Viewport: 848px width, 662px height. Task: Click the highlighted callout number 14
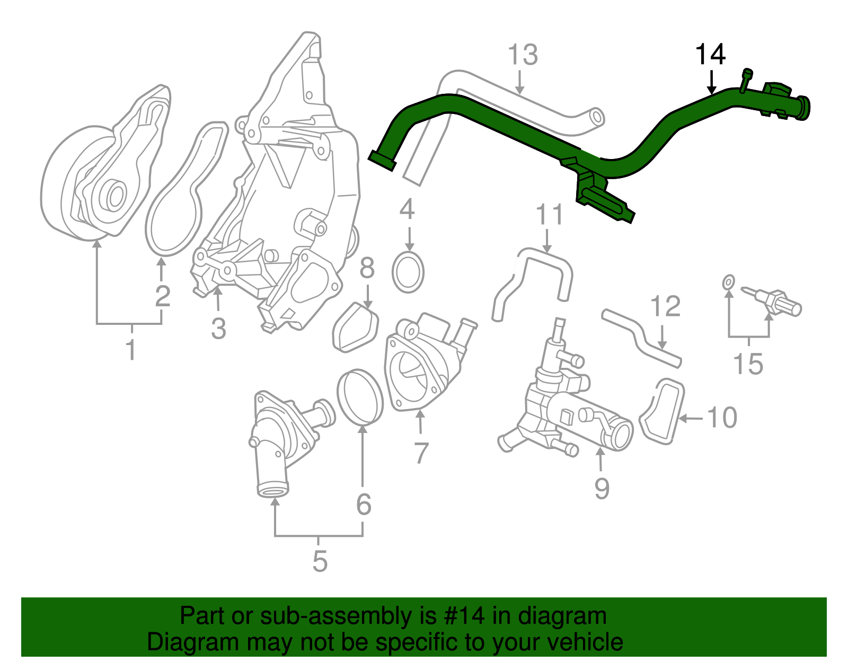click(710, 55)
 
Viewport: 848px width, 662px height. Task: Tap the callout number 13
click(523, 55)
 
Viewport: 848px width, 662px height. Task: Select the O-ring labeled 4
click(408, 272)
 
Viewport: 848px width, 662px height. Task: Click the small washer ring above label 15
click(729, 283)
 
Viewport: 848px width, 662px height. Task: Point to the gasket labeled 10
click(662, 411)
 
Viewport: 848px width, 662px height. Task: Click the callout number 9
click(602, 488)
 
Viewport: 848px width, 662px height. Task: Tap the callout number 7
click(421, 453)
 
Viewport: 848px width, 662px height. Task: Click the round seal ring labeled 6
click(360, 398)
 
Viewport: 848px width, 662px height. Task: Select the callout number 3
click(218, 329)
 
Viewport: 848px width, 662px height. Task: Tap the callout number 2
click(163, 296)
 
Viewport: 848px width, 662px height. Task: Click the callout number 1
click(130, 350)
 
